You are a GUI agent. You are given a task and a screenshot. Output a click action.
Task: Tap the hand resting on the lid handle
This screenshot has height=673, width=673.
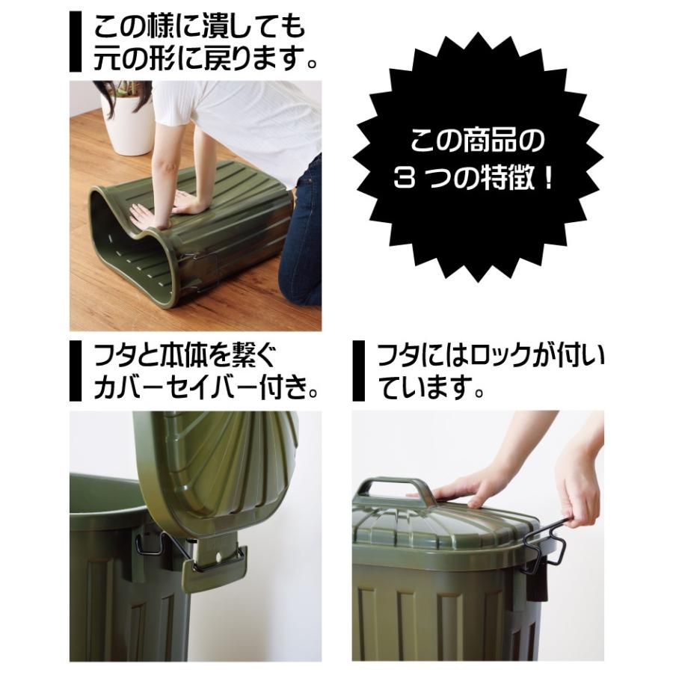467,486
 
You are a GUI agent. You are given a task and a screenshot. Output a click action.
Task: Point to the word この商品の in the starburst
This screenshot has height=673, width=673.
479,140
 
